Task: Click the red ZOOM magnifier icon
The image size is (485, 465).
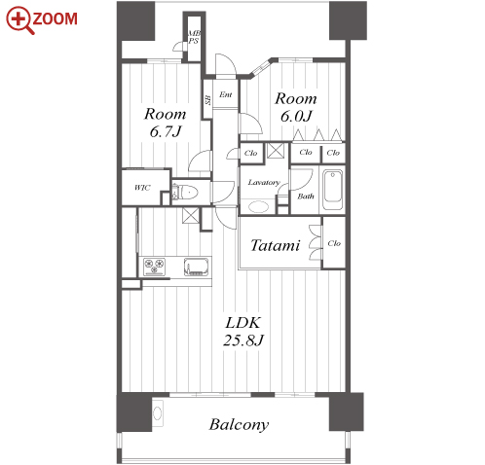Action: pos(20,20)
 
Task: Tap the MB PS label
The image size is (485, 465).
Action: pos(194,37)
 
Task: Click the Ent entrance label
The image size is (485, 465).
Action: pos(226,94)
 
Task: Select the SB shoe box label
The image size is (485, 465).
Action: pos(207,100)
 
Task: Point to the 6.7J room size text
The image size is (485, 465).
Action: pos(166,131)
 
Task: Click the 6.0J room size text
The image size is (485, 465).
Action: pos(296,116)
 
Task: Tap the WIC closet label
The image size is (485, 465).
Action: pos(142,188)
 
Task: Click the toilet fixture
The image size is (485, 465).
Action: pos(185,193)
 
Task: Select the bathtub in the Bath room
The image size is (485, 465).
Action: pos(332,191)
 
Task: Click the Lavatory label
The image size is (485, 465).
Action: pos(264,182)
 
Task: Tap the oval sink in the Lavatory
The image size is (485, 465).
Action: pos(258,206)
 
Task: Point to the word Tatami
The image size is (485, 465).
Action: pos(276,245)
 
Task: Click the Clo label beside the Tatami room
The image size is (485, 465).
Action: pos(334,243)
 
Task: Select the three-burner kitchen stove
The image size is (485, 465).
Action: pos(155,267)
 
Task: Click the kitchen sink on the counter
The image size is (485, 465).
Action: pos(197,267)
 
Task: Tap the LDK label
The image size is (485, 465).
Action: pos(243,323)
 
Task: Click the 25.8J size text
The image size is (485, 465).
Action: pos(243,340)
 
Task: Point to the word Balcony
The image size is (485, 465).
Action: pos(239,425)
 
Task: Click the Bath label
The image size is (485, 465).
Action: pos(306,197)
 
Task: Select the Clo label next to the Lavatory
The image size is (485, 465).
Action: pos(250,153)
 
